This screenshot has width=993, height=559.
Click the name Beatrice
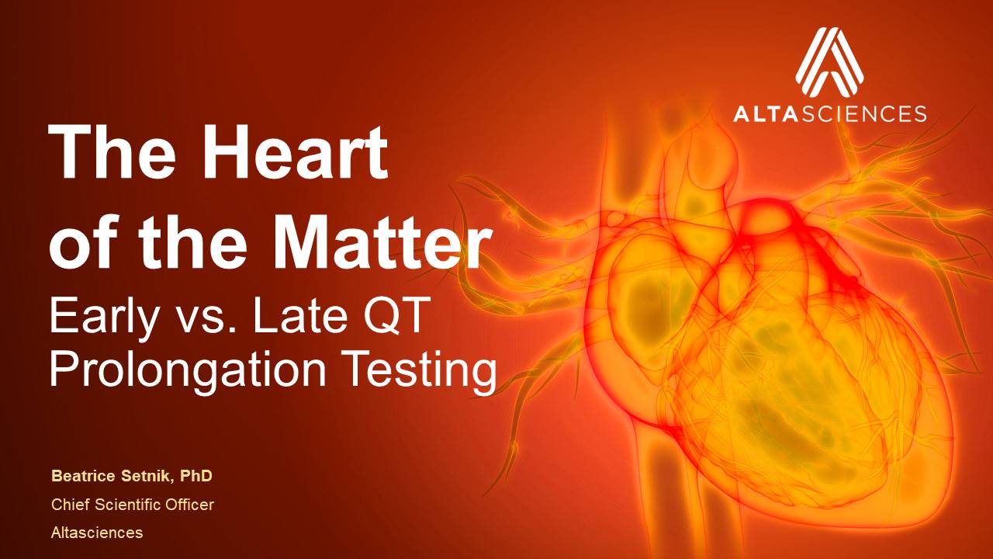tap(83, 476)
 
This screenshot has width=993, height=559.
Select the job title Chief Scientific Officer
tap(133, 505)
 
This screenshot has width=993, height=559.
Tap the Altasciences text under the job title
tap(97, 533)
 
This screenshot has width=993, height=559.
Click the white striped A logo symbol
tap(829, 62)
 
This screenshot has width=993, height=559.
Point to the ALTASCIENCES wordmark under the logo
tap(829, 113)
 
